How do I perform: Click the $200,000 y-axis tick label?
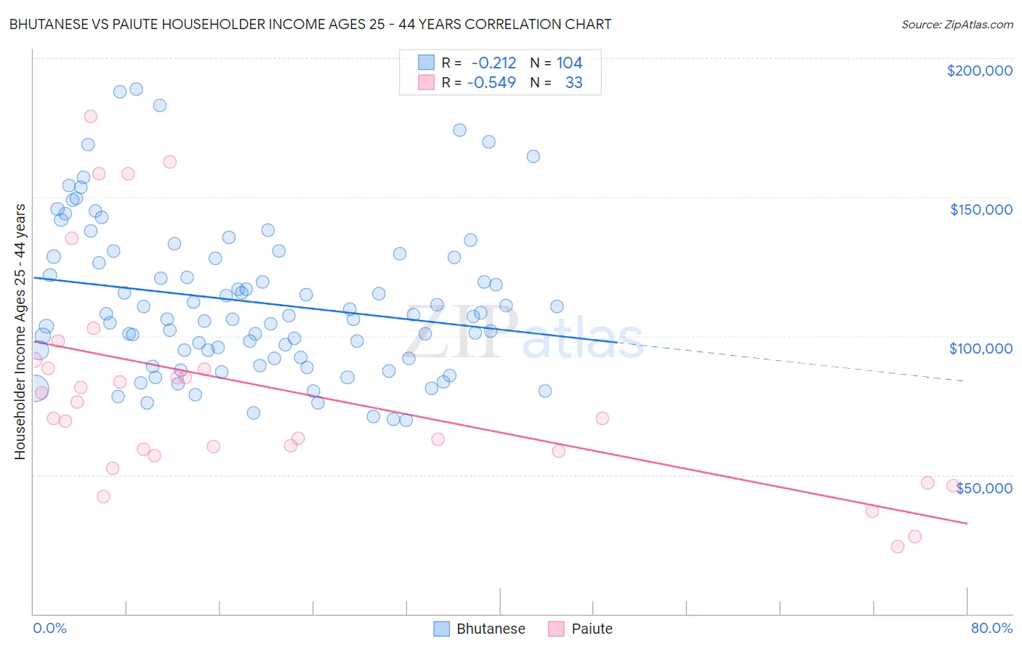pos(979,71)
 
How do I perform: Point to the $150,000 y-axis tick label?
pos(981,210)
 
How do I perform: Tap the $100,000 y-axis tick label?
pos(981,349)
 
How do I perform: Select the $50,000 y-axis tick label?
pos(983,488)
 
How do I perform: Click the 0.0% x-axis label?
pos(49,628)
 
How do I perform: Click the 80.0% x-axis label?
pos(991,628)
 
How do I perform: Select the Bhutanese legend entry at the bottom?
pos(480,629)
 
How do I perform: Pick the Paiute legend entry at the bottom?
pos(581,629)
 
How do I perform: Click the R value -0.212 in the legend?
pos(494,63)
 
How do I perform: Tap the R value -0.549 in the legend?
pos(491,83)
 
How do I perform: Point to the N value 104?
pos(569,63)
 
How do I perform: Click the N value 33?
pos(574,83)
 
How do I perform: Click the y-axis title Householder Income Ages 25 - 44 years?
pos(20,332)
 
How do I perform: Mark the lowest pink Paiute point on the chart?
pos(897,546)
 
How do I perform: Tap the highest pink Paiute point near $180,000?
pos(91,116)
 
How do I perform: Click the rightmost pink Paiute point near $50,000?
pos(953,485)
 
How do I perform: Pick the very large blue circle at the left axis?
pos(34,390)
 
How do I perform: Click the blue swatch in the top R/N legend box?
pos(426,63)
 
